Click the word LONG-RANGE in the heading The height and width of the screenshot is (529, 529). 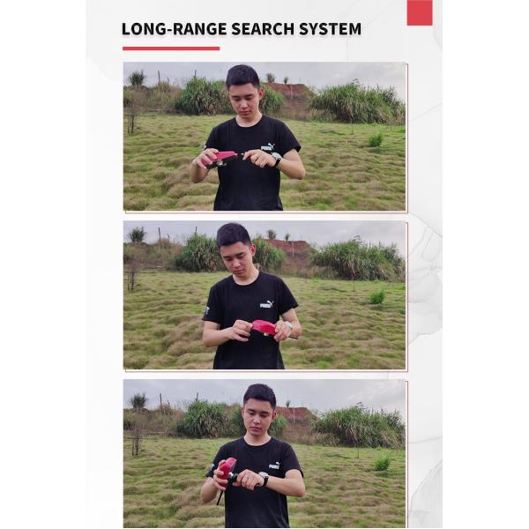174,29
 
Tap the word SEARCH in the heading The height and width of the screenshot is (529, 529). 263,29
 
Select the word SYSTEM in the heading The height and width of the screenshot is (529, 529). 331,29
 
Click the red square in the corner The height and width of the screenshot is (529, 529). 420,12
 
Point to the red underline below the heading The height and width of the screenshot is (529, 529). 171,48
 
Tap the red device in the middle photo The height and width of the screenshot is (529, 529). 265,328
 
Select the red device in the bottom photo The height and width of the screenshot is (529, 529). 226,472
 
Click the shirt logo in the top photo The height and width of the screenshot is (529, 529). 268,147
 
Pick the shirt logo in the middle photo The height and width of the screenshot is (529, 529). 267,305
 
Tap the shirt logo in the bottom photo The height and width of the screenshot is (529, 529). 274,466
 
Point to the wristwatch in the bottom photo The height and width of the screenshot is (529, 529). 264,478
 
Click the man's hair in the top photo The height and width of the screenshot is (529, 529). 243,76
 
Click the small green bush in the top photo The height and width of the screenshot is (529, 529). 376,140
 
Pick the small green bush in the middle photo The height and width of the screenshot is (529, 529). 376,297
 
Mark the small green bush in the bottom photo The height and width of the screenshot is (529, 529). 383,464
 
